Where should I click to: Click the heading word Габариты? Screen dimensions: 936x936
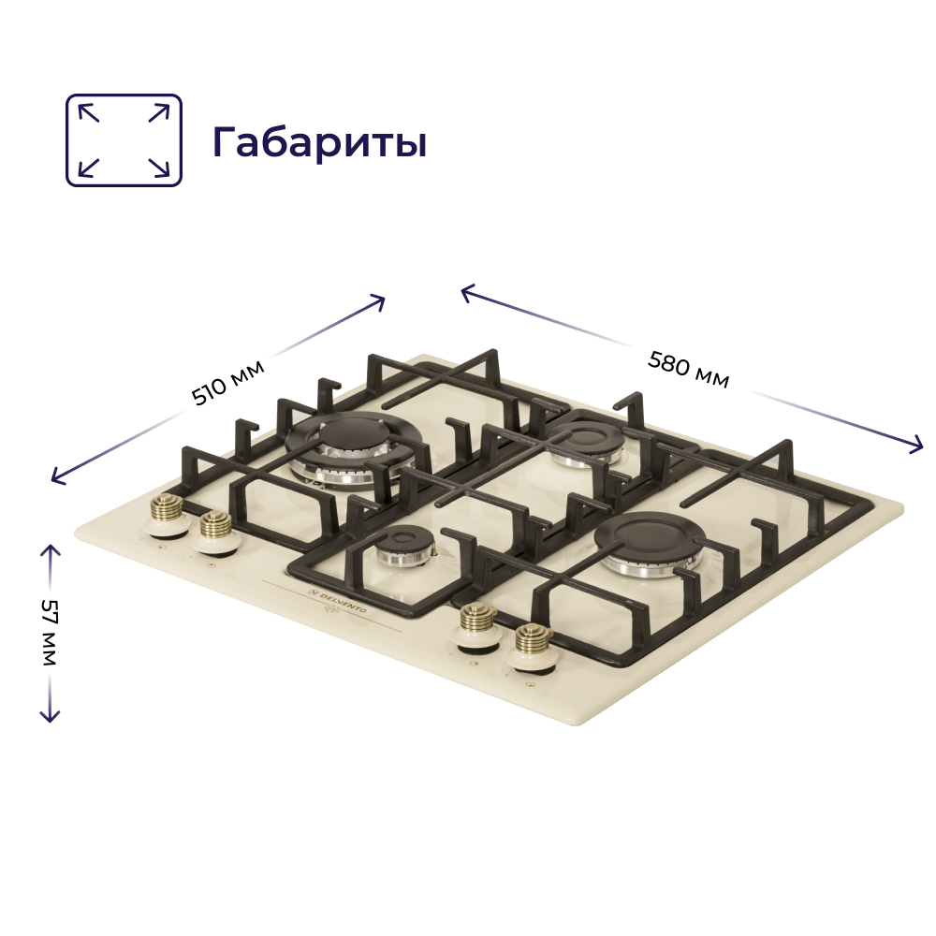click(x=319, y=142)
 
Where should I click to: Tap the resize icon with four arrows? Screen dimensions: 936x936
click(x=124, y=139)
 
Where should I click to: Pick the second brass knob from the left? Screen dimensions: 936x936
click(x=215, y=530)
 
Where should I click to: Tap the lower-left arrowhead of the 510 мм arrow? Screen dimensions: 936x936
click(x=55, y=480)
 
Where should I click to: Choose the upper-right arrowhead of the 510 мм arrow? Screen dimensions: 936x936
click(x=380, y=300)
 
